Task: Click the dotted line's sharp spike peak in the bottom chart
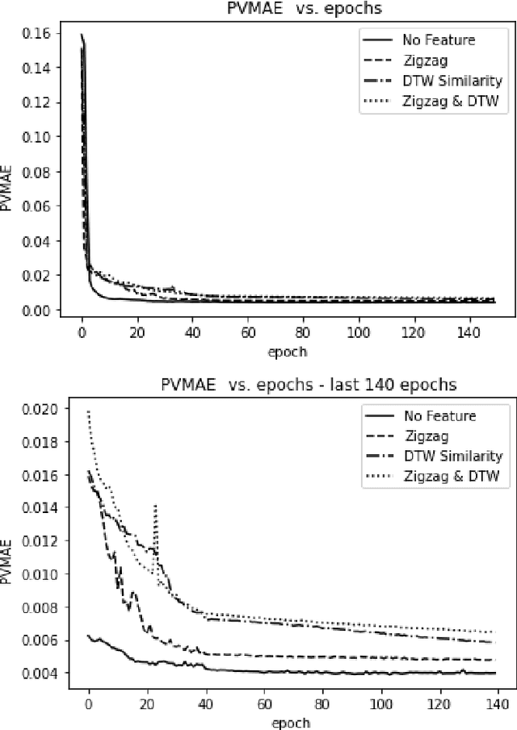tap(155, 506)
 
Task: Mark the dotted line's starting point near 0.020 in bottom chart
tap(89, 411)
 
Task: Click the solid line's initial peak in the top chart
tap(82, 35)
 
